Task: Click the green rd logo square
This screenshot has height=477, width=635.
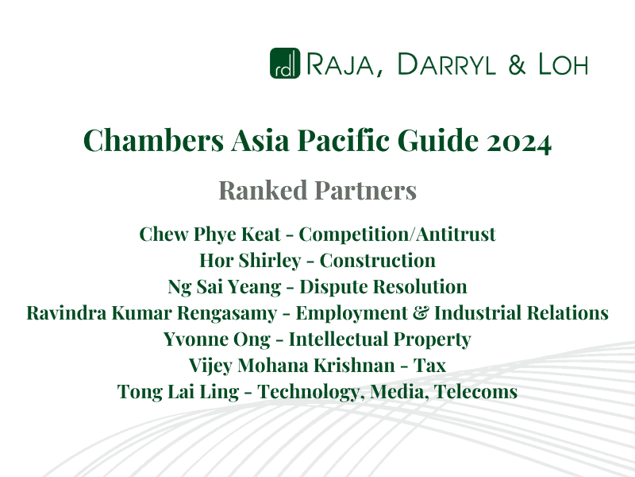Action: point(284,64)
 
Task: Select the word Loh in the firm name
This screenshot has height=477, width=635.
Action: point(560,64)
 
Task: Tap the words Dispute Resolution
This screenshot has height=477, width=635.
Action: point(380,286)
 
